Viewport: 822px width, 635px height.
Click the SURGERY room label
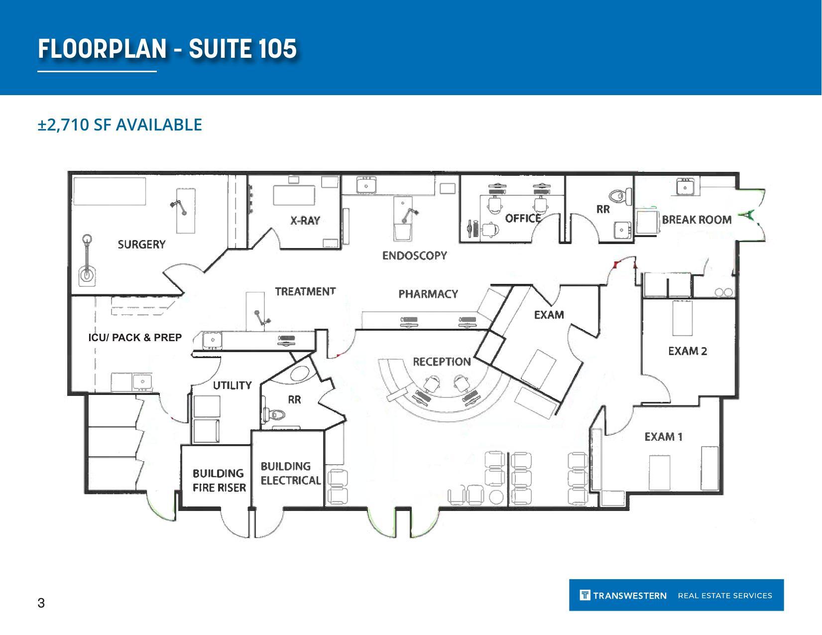coord(141,244)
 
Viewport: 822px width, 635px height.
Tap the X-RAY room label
coord(305,220)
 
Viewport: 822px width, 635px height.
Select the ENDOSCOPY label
coord(414,255)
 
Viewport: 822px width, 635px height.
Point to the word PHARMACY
coord(428,294)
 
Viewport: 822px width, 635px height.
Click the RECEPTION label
coord(442,362)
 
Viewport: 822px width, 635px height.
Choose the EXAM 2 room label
coord(687,351)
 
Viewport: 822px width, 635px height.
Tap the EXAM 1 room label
coord(663,437)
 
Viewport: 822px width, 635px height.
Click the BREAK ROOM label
coord(696,220)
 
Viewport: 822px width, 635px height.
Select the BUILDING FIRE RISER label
coord(219,480)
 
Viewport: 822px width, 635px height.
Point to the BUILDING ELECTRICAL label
coord(290,473)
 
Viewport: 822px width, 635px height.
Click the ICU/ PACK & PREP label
coord(135,337)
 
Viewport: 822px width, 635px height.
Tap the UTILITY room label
coord(232,385)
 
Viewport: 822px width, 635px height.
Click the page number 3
coord(41,603)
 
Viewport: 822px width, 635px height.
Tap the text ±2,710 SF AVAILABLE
coord(119,125)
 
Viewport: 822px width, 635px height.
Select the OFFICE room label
coord(523,218)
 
